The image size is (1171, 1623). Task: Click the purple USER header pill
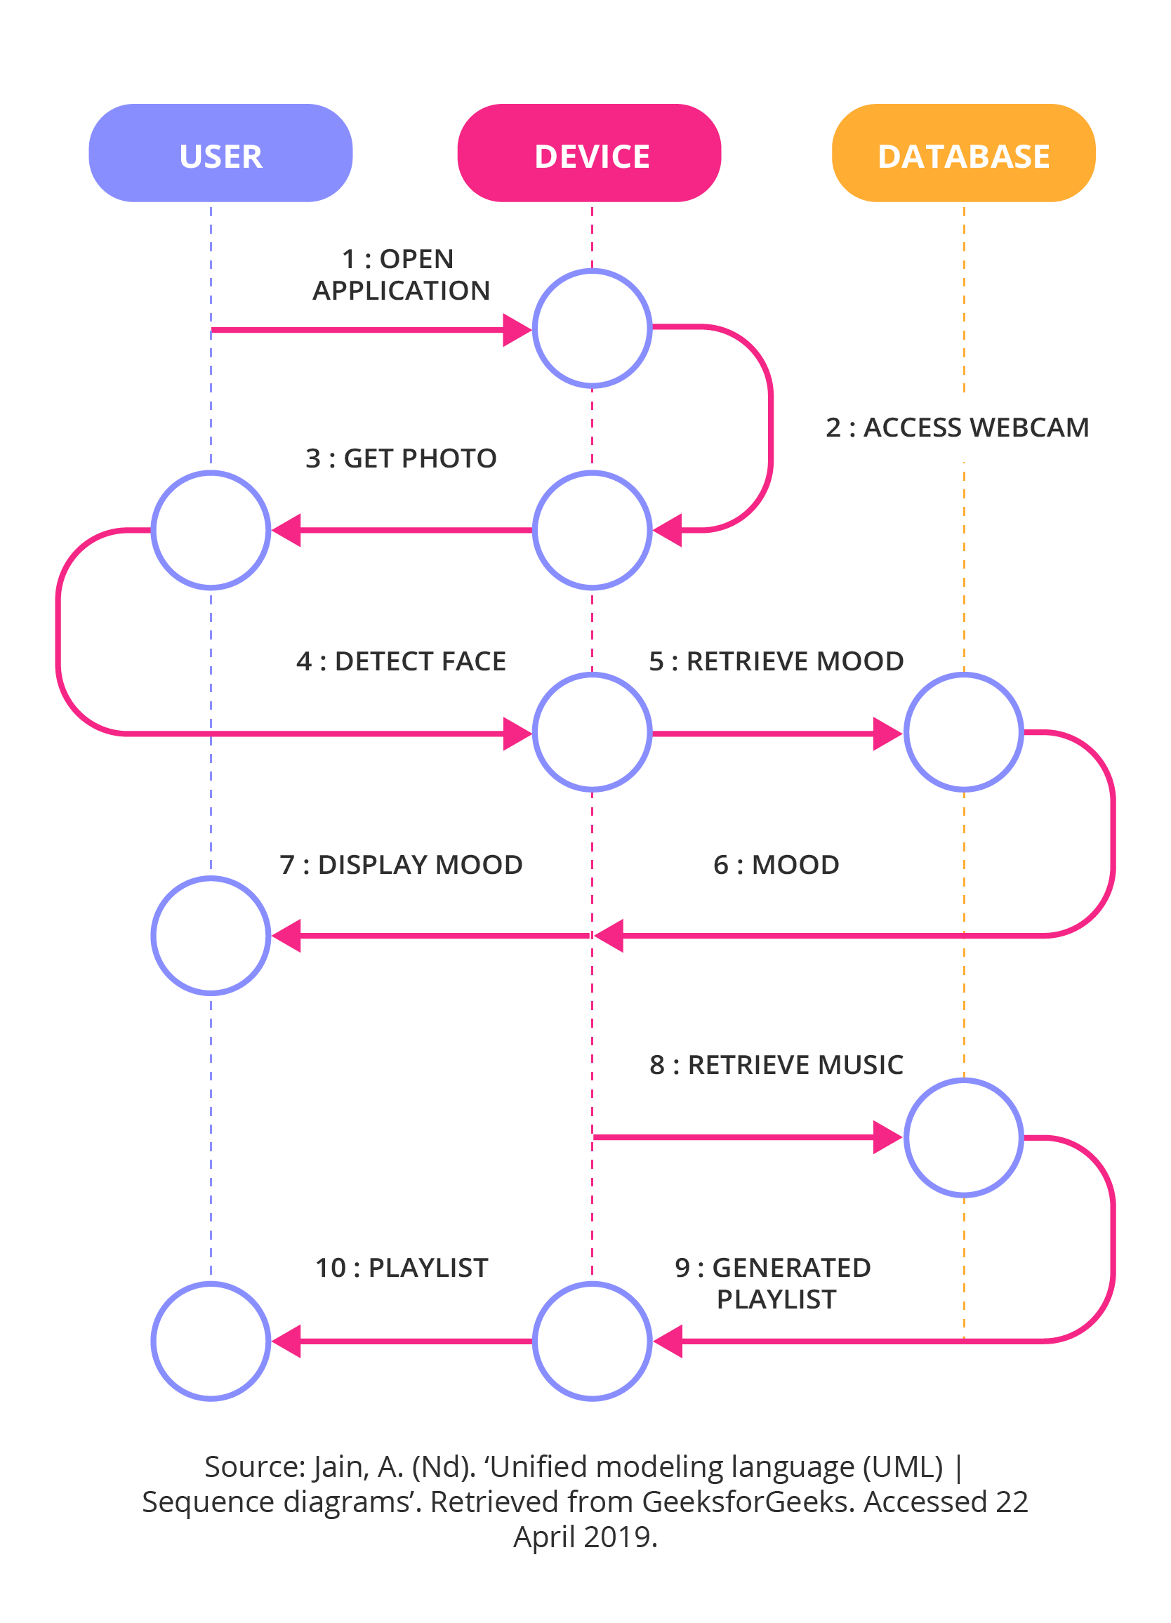click(220, 153)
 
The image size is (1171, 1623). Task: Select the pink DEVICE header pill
click(589, 153)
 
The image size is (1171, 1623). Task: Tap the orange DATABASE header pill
click(963, 153)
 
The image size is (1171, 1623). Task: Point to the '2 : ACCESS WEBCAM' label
click(957, 428)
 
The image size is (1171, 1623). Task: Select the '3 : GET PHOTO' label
click(401, 458)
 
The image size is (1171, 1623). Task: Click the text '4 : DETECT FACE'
click(401, 661)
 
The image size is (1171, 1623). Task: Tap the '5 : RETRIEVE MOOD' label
click(776, 661)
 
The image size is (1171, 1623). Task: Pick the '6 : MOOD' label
click(776, 864)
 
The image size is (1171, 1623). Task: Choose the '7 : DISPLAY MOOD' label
click(401, 864)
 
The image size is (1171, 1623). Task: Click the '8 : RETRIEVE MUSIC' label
click(776, 1065)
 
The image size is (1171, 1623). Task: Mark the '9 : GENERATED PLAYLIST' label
click(773, 1283)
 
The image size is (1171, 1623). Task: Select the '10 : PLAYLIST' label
click(402, 1268)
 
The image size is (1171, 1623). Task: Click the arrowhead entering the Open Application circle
click(517, 330)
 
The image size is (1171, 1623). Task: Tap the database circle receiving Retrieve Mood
click(963, 732)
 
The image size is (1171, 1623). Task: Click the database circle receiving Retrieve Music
click(963, 1137)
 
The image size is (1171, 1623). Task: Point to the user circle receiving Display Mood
click(211, 935)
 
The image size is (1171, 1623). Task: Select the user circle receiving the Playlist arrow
click(211, 1341)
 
